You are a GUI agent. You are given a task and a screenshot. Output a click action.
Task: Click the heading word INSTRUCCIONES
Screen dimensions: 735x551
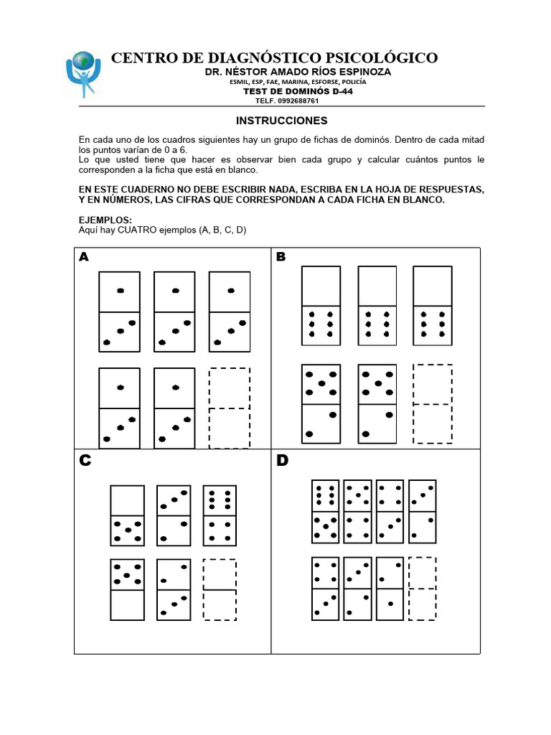[x=282, y=121]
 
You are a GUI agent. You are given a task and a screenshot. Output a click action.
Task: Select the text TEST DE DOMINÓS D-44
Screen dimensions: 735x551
[x=298, y=91]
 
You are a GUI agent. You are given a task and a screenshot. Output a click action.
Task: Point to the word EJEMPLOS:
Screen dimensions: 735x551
[x=105, y=220]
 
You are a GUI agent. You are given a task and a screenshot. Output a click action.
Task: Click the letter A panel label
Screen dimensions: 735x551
[x=85, y=257]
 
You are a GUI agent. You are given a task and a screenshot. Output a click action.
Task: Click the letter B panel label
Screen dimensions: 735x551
[x=281, y=257]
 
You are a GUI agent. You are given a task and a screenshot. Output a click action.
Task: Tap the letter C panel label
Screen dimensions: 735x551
[x=85, y=461]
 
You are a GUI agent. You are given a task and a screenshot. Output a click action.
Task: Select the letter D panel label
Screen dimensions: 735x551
[x=282, y=461]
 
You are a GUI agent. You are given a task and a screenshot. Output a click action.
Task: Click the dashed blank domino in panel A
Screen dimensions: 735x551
[x=230, y=408]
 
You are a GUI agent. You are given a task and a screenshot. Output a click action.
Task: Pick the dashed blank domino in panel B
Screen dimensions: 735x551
[x=433, y=404]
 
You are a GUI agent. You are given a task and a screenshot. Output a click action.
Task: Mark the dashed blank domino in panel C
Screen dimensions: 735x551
[x=220, y=589]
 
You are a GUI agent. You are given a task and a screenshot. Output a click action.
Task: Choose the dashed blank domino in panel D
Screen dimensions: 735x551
[x=422, y=589]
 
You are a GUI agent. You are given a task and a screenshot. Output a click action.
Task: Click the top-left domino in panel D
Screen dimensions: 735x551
[x=326, y=512]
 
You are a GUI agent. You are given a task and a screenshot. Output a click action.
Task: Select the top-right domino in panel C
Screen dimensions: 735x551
[x=220, y=515]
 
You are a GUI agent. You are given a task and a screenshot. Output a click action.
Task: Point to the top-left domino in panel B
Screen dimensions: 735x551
[x=321, y=305]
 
